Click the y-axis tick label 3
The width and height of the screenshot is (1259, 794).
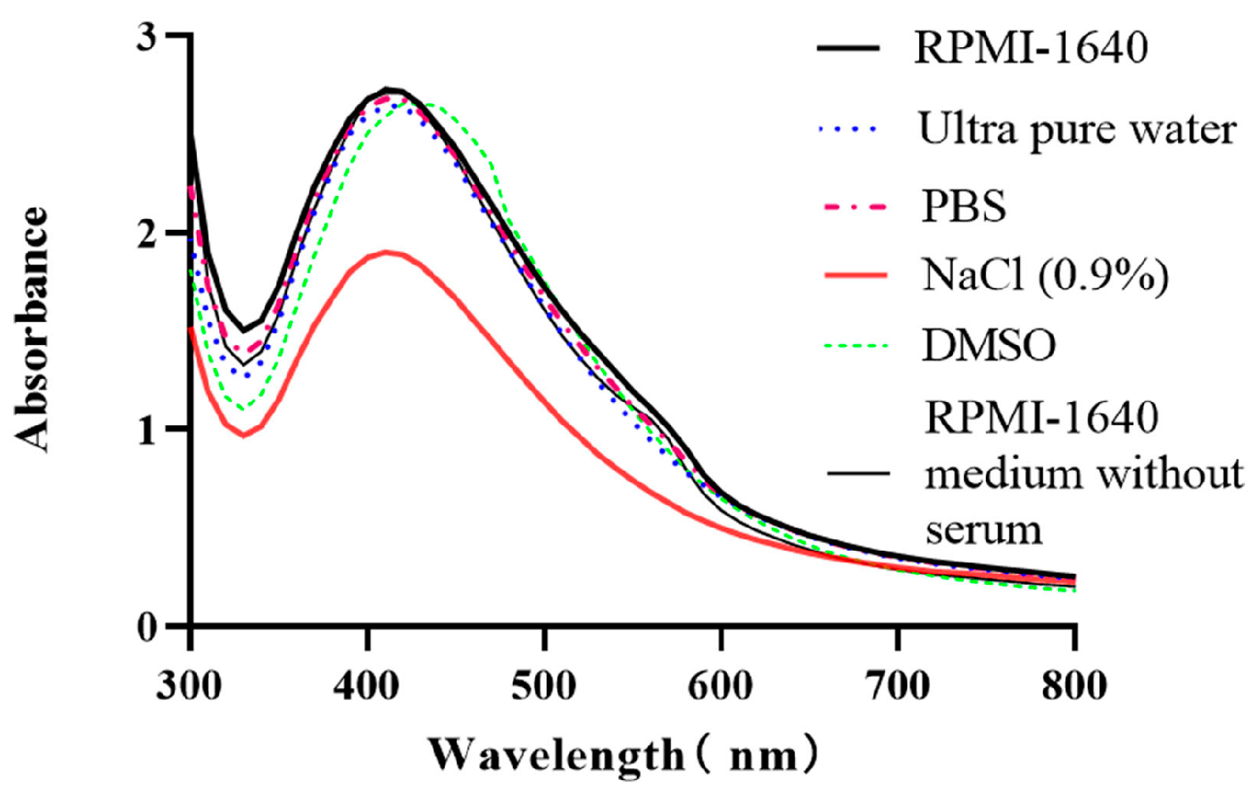[146, 37]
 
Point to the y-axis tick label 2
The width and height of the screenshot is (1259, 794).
[146, 234]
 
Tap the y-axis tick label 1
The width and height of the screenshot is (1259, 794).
[146, 430]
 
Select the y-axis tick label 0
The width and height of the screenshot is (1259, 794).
[146, 628]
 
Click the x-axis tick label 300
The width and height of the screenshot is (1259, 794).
[189, 686]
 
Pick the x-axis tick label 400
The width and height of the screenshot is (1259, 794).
[366, 686]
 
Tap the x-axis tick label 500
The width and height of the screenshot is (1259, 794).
[543, 686]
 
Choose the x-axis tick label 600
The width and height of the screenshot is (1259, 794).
[720, 686]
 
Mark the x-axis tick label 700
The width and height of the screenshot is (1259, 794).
[898, 686]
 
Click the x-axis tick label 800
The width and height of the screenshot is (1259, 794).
[1074, 686]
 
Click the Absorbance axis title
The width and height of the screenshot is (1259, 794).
[33, 329]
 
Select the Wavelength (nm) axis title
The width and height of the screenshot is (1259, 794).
[624, 754]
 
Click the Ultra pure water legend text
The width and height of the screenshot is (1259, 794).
[1077, 130]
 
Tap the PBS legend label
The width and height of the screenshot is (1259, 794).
[964, 206]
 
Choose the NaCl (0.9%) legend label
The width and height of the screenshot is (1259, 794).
[1045, 275]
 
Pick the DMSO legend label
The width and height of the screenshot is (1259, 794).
[989, 345]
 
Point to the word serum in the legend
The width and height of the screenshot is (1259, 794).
[984, 529]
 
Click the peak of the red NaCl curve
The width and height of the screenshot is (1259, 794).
[385, 251]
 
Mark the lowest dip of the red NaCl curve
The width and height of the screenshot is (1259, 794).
[244, 435]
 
